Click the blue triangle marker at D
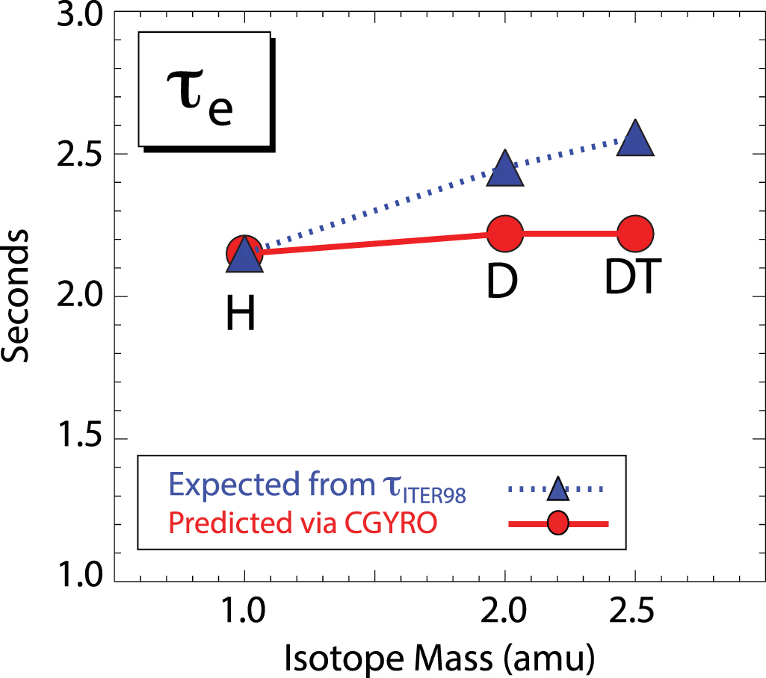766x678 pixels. click(x=505, y=169)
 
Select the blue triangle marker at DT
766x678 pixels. click(x=635, y=139)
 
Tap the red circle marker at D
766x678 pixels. click(x=505, y=234)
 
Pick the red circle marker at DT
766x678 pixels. click(x=635, y=234)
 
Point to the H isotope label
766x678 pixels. click(x=241, y=315)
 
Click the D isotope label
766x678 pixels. click(x=503, y=282)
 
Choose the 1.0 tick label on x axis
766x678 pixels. click(x=244, y=614)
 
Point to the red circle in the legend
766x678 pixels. click(x=557, y=524)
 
